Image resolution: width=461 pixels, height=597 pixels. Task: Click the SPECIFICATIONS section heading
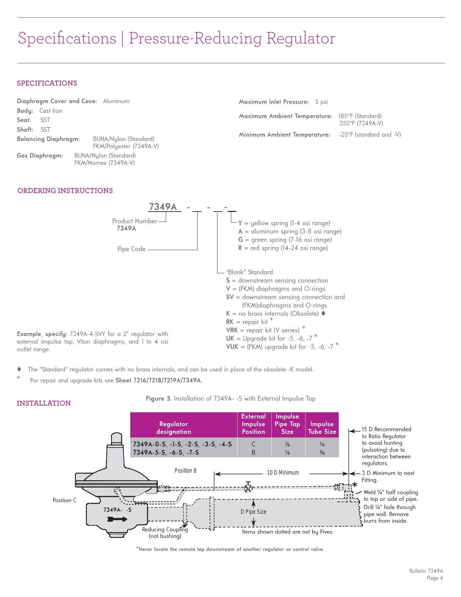(47, 83)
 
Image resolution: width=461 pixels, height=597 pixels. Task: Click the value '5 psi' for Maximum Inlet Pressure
(321, 102)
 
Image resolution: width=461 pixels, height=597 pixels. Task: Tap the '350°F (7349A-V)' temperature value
(361, 123)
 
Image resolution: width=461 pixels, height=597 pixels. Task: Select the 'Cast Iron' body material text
(51, 111)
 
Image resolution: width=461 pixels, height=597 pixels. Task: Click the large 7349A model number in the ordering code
(163, 207)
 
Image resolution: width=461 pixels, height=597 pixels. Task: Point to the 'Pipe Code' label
(131, 249)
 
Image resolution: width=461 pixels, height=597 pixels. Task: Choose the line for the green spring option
(285, 240)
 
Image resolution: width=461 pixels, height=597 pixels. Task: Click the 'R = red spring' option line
(283, 248)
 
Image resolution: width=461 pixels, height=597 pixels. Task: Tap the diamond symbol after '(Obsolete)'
(323, 313)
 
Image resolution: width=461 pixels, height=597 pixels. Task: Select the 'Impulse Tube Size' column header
(322, 428)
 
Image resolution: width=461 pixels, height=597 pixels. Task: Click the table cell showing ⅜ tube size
(322, 453)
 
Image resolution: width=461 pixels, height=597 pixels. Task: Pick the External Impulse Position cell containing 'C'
(254, 444)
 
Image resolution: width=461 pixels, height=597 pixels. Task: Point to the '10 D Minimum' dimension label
(283, 473)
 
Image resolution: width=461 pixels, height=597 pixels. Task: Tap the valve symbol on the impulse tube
(248, 488)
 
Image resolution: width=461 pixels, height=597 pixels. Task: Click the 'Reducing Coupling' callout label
(165, 529)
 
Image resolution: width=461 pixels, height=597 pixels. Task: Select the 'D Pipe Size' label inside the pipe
(254, 512)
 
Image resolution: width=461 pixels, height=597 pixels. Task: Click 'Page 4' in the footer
(434, 578)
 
